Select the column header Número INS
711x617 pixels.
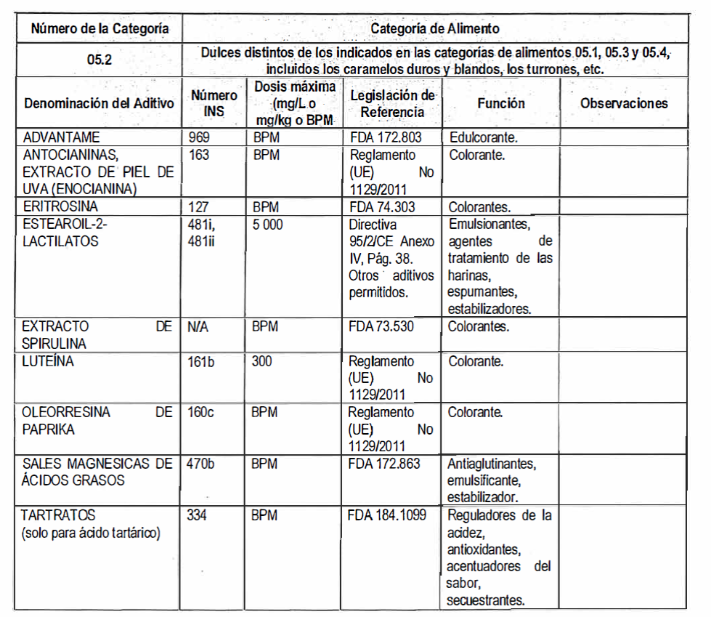coord(214,103)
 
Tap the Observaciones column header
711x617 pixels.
coord(624,103)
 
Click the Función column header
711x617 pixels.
coord(501,103)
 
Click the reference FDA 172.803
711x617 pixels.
coord(386,137)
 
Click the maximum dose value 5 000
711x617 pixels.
coord(268,225)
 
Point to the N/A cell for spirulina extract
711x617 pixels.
coord(198,327)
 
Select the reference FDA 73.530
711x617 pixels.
coord(381,327)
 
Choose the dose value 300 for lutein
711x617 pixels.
coord(262,362)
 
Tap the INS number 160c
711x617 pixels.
coord(201,412)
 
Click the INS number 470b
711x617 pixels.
coord(201,463)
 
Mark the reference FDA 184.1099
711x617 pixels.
coord(388,515)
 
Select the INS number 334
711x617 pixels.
coord(198,515)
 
